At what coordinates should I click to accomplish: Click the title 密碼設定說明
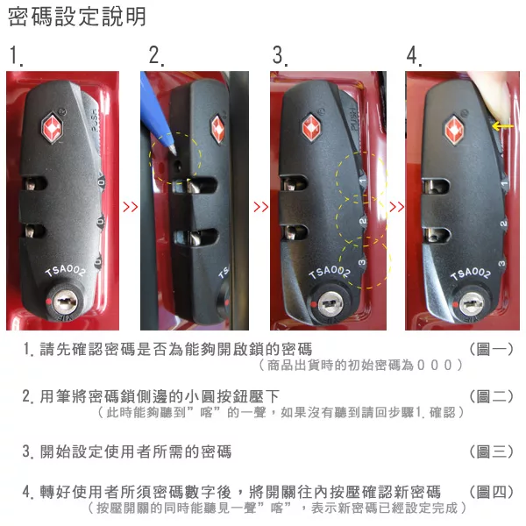click(x=77, y=17)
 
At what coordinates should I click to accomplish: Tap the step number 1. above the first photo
click(x=16, y=55)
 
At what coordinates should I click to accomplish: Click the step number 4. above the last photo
click(x=414, y=55)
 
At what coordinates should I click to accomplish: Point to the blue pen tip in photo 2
click(x=173, y=150)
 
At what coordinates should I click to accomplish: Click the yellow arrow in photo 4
click(x=502, y=126)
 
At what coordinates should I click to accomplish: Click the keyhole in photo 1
click(x=65, y=302)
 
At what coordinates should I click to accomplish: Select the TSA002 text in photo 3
click(x=330, y=272)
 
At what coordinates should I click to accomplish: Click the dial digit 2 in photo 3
click(x=363, y=221)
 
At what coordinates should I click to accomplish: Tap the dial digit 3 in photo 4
click(x=501, y=263)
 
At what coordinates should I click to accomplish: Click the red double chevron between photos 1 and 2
click(x=130, y=207)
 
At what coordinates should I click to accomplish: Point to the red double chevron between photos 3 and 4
click(x=396, y=207)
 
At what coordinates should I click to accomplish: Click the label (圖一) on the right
click(x=491, y=349)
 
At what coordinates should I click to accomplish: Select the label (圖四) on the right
click(x=491, y=492)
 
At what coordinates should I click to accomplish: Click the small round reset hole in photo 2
click(x=177, y=165)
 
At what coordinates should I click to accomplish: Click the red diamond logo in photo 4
click(x=454, y=130)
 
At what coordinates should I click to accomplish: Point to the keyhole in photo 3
click(x=331, y=304)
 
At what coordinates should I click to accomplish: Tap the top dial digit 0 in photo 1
click(x=101, y=183)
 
